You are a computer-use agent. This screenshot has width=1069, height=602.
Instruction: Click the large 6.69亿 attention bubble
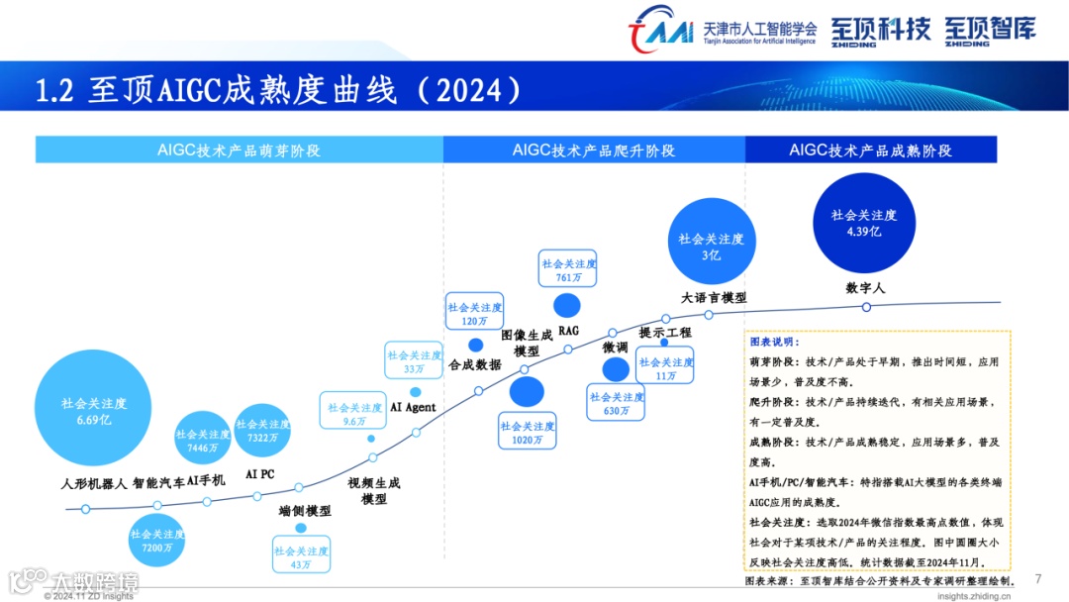[93, 411]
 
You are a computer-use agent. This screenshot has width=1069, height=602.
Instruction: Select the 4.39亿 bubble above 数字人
[864, 223]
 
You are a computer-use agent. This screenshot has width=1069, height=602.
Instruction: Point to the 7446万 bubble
[203, 441]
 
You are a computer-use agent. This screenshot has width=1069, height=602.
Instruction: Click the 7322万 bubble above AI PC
[262, 431]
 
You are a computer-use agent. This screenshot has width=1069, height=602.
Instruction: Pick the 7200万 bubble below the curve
[157, 541]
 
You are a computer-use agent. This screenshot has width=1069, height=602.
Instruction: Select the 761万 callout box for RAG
[569, 270]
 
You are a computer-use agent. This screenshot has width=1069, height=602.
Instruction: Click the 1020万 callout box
[527, 433]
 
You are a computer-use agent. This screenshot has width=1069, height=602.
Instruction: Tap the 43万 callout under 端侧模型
[301, 557]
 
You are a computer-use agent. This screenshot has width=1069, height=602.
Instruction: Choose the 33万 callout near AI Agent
[415, 361]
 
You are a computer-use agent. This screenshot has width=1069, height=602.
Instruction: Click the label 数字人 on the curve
[865, 288]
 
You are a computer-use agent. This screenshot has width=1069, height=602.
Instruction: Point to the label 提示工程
[665, 333]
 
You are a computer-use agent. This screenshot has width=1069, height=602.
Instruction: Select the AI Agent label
[413, 407]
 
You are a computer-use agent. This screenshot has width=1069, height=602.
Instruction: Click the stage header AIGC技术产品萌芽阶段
[239, 150]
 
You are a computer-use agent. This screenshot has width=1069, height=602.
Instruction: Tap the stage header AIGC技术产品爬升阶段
[594, 150]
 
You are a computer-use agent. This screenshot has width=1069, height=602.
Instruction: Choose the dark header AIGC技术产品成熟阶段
[870, 150]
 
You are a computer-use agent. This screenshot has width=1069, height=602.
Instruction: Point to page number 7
[1037, 579]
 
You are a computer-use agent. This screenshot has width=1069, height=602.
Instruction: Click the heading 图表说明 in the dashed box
[773, 342]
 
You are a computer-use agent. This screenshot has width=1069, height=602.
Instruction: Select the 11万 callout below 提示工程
[665, 368]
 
